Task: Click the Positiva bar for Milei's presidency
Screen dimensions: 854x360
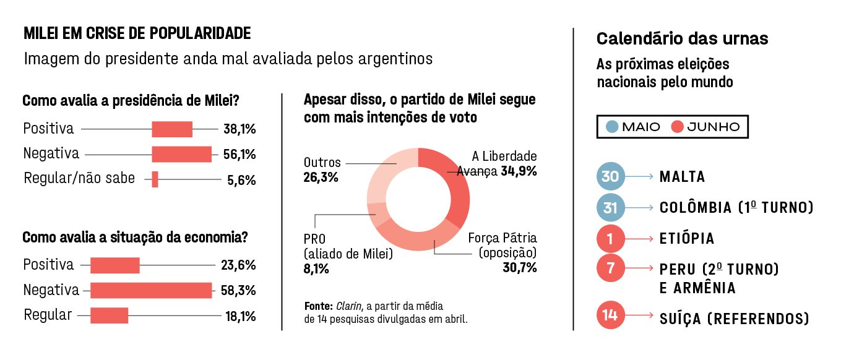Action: tap(172, 129)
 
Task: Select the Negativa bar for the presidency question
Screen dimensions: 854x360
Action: tap(181, 154)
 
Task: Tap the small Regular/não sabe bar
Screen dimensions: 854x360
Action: tap(155, 179)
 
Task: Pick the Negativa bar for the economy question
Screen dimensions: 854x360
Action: tap(151, 290)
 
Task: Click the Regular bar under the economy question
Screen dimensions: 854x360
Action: tap(109, 315)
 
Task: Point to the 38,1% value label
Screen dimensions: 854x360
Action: tap(239, 129)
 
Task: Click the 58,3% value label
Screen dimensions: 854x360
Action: tap(238, 290)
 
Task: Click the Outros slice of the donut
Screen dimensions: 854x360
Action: tap(385, 171)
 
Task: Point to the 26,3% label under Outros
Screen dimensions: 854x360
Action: tap(321, 178)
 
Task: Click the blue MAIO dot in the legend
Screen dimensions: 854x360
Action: tap(612, 126)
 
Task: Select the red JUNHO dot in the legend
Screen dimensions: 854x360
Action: tap(677, 126)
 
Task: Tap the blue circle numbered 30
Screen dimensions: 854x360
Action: tap(610, 176)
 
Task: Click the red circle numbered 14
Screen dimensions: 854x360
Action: tap(610, 315)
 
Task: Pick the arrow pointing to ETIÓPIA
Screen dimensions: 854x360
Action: tap(639, 239)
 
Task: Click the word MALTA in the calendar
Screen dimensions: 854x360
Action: tap(682, 177)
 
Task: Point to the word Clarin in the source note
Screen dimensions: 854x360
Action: tap(349, 306)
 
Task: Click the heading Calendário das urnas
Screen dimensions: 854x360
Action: tap(682, 38)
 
